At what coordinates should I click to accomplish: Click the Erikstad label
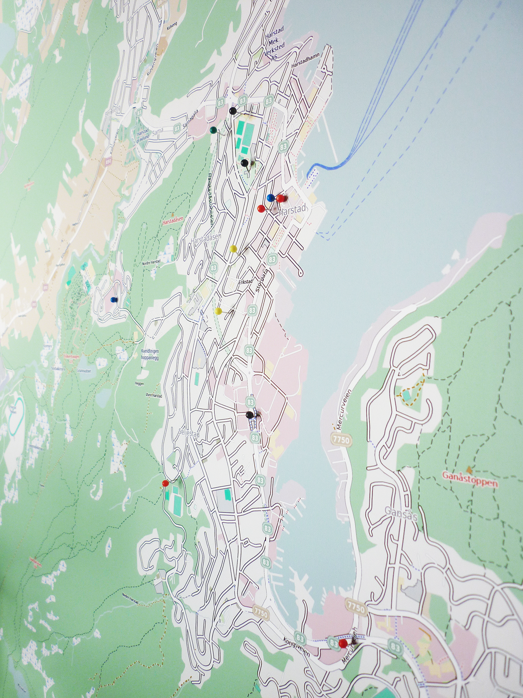[x=245, y=282]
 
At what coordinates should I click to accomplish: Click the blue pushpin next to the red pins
[x=270, y=198]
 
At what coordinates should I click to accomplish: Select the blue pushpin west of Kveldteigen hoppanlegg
[x=113, y=300]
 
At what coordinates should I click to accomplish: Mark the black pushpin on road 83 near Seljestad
[x=249, y=415]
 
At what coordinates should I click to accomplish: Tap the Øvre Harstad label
[x=152, y=395]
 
